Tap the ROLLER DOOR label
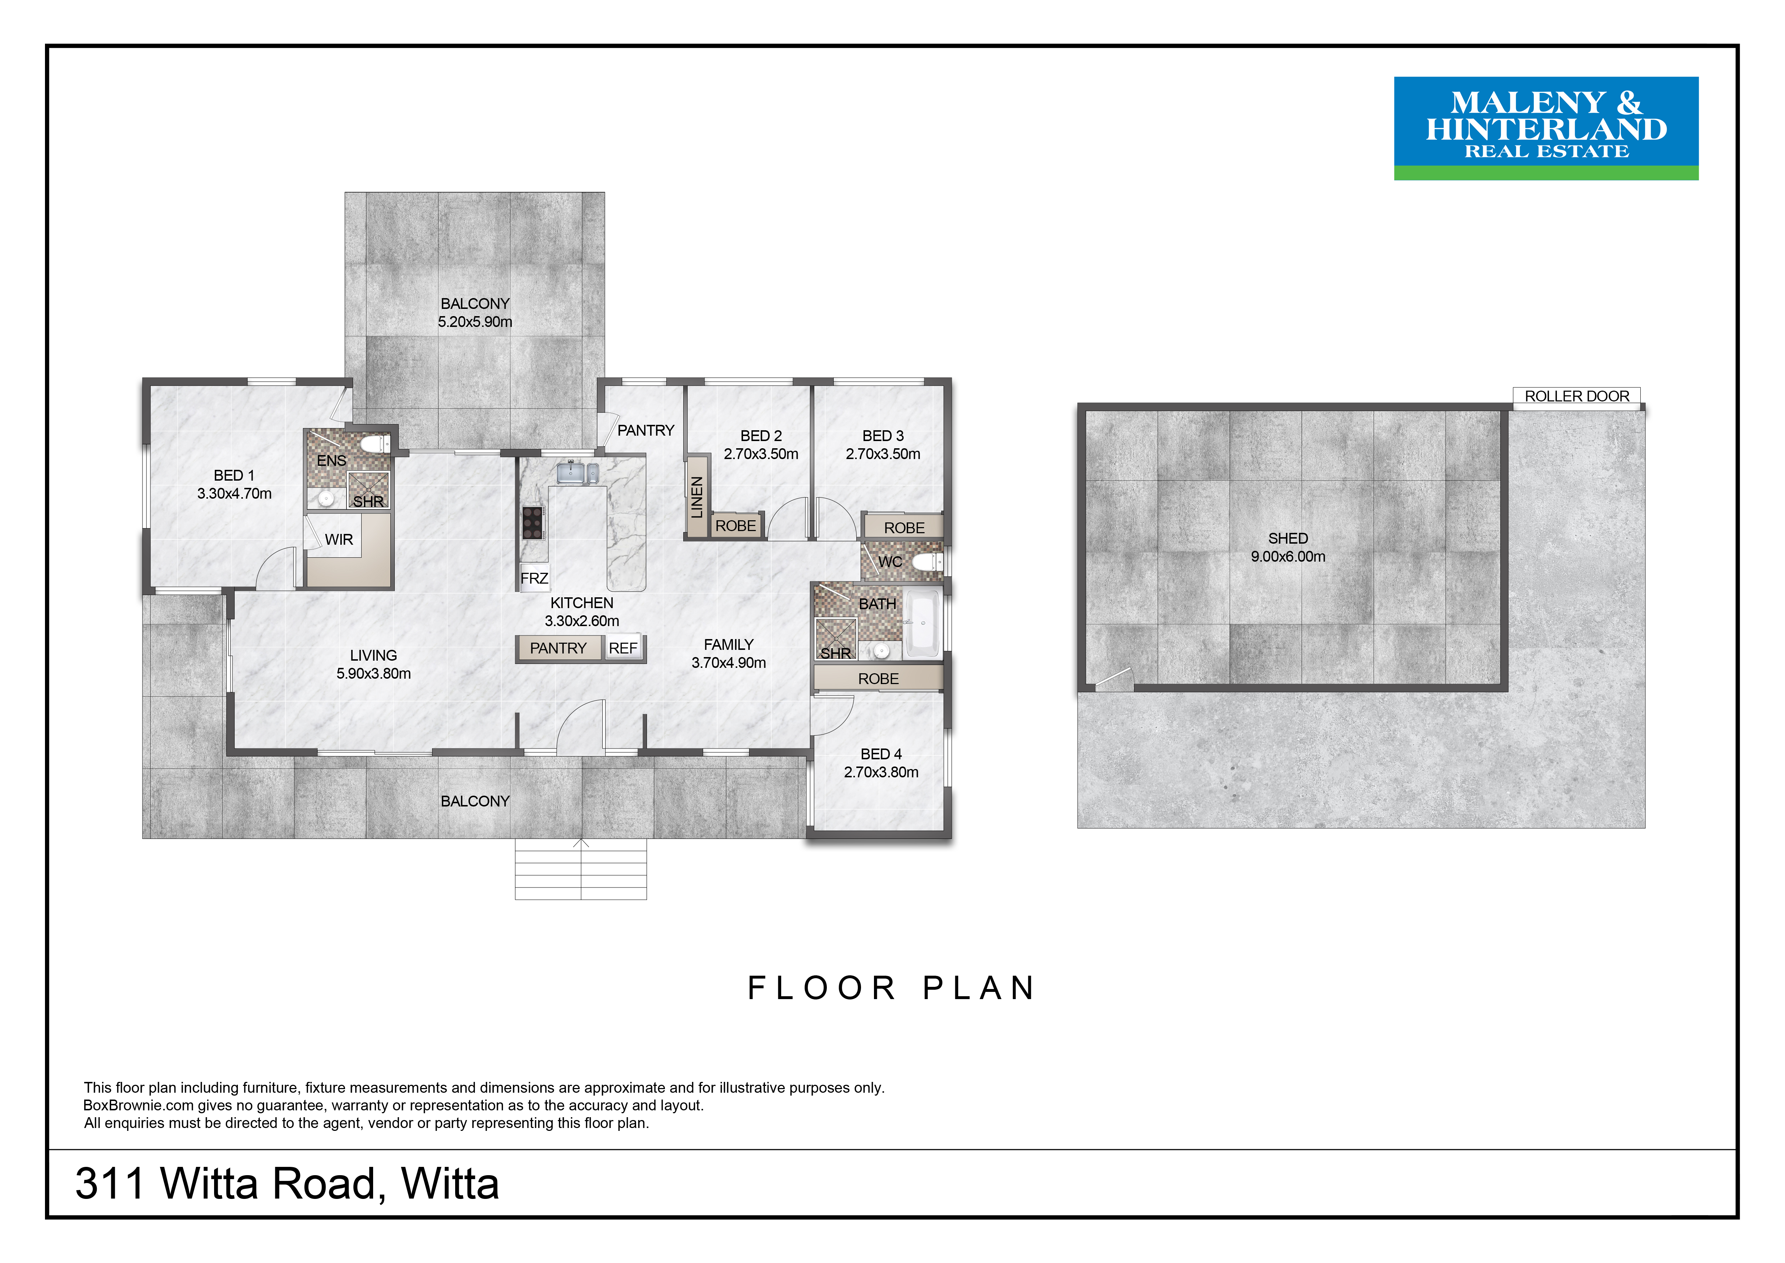pyautogui.click(x=1577, y=396)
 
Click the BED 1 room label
pyautogui.click(x=234, y=475)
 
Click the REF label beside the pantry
pyautogui.click(x=623, y=648)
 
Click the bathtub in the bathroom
pyautogui.click(x=923, y=623)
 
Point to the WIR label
pyautogui.click(x=339, y=539)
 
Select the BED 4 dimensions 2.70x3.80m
pyautogui.click(x=881, y=772)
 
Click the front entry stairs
pyautogui.click(x=581, y=869)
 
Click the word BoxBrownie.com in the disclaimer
pyautogui.click(x=139, y=1105)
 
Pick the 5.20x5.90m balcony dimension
pyautogui.click(x=475, y=321)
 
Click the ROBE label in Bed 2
pyautogui.click(x=735, y=526)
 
